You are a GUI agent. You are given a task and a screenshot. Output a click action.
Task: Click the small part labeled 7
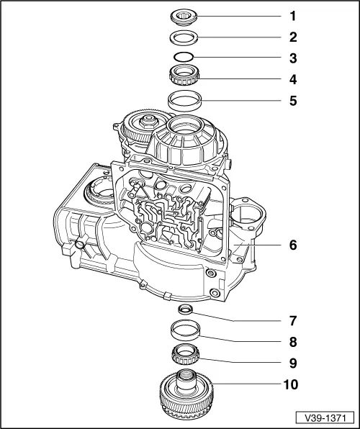coord(186,310)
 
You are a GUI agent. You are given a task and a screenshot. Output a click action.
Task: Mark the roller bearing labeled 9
coord(186,355)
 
